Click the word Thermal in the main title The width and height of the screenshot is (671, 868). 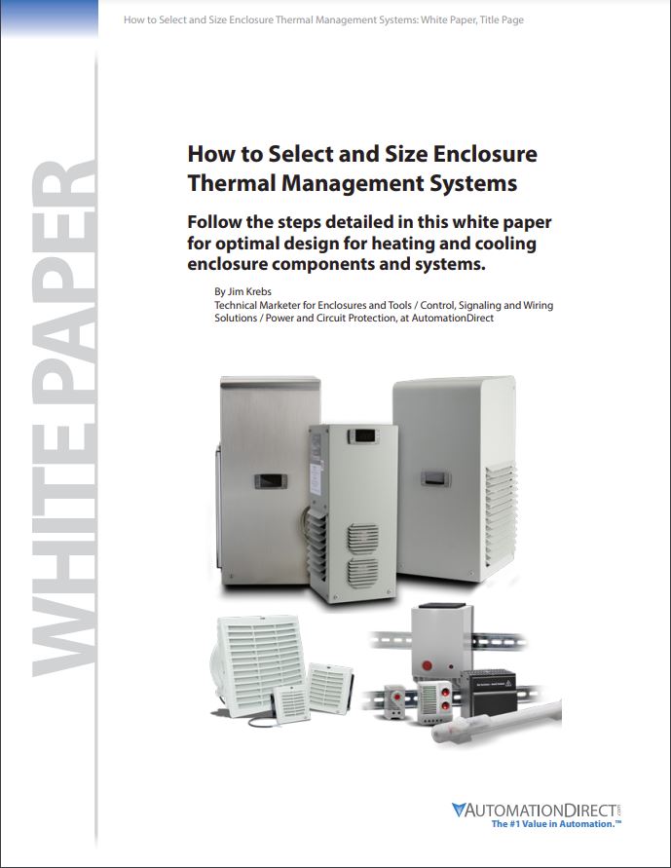[x=231, y=183]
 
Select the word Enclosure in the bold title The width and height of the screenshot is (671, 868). [x=485, y=154]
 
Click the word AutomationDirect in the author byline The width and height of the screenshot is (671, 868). [x=453, y=319]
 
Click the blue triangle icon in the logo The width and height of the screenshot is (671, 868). [x=459, y=810]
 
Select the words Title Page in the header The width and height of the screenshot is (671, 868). [x=502, y=19]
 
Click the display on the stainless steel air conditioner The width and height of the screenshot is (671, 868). [x=271, y=481]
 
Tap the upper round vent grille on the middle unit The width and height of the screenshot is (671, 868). [x=363, y=538]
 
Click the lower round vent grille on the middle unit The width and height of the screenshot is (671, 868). [x=363, y=571]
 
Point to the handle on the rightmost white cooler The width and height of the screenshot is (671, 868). [x=435, y=478]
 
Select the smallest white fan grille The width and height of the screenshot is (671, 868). [x=291, y=704]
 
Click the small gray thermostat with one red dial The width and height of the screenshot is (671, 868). [x=395, y=700]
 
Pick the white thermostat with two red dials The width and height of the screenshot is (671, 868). [x=434, y=702]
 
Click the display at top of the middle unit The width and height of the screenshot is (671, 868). [x=362, y=436]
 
